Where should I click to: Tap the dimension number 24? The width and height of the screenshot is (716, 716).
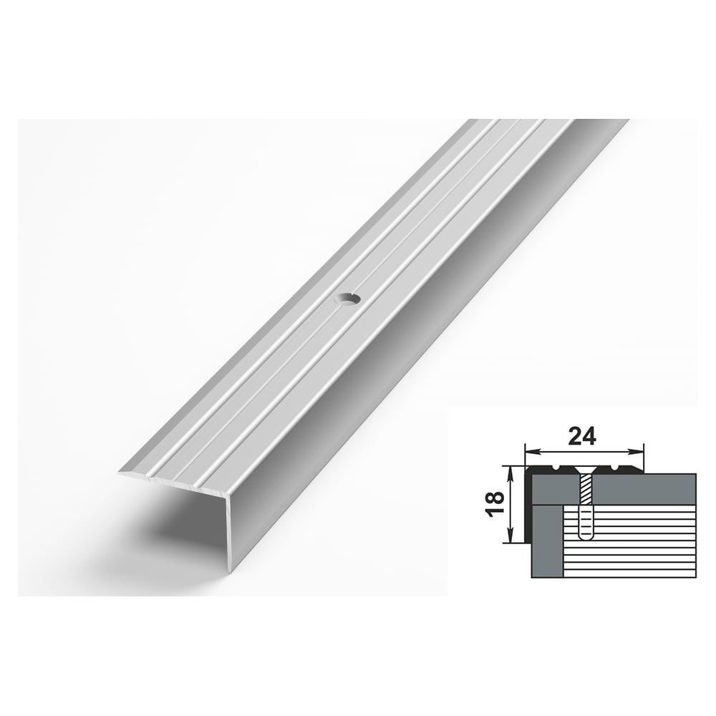click(583, 437)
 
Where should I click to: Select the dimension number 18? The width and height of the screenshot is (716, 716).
click(495, 504)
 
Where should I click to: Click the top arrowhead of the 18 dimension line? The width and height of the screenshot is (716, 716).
click(511, 471)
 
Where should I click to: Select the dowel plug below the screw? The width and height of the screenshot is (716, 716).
click(584, 523)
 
